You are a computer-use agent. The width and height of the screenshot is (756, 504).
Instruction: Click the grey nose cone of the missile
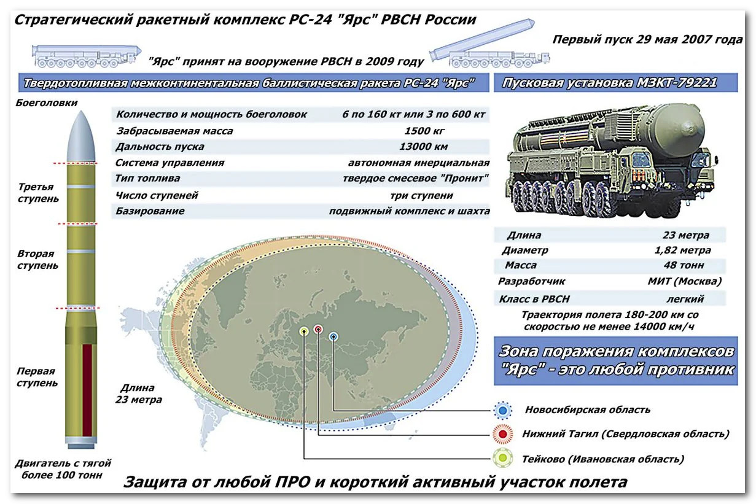point(80,138)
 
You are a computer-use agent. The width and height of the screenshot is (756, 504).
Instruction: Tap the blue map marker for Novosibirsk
point(333,336)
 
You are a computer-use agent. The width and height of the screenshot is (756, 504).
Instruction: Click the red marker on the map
point(318,330)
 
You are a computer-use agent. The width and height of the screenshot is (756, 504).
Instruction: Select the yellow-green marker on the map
point(304,331)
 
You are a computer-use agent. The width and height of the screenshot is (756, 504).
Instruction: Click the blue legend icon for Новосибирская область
point(503,410)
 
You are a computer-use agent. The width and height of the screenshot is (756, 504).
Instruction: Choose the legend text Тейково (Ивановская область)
point(602,459)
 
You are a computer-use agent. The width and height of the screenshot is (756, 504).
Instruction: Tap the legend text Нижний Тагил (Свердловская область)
point(625,434)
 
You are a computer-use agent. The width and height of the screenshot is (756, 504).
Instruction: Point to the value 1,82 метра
point(682,250)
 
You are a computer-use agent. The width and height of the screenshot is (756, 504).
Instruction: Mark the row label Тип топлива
point(148,179)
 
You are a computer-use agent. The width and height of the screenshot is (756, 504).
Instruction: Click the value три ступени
point(421,195)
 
